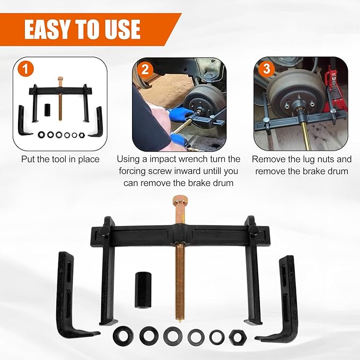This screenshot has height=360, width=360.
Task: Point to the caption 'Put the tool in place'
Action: pyautogui.click(x=60, y=159)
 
